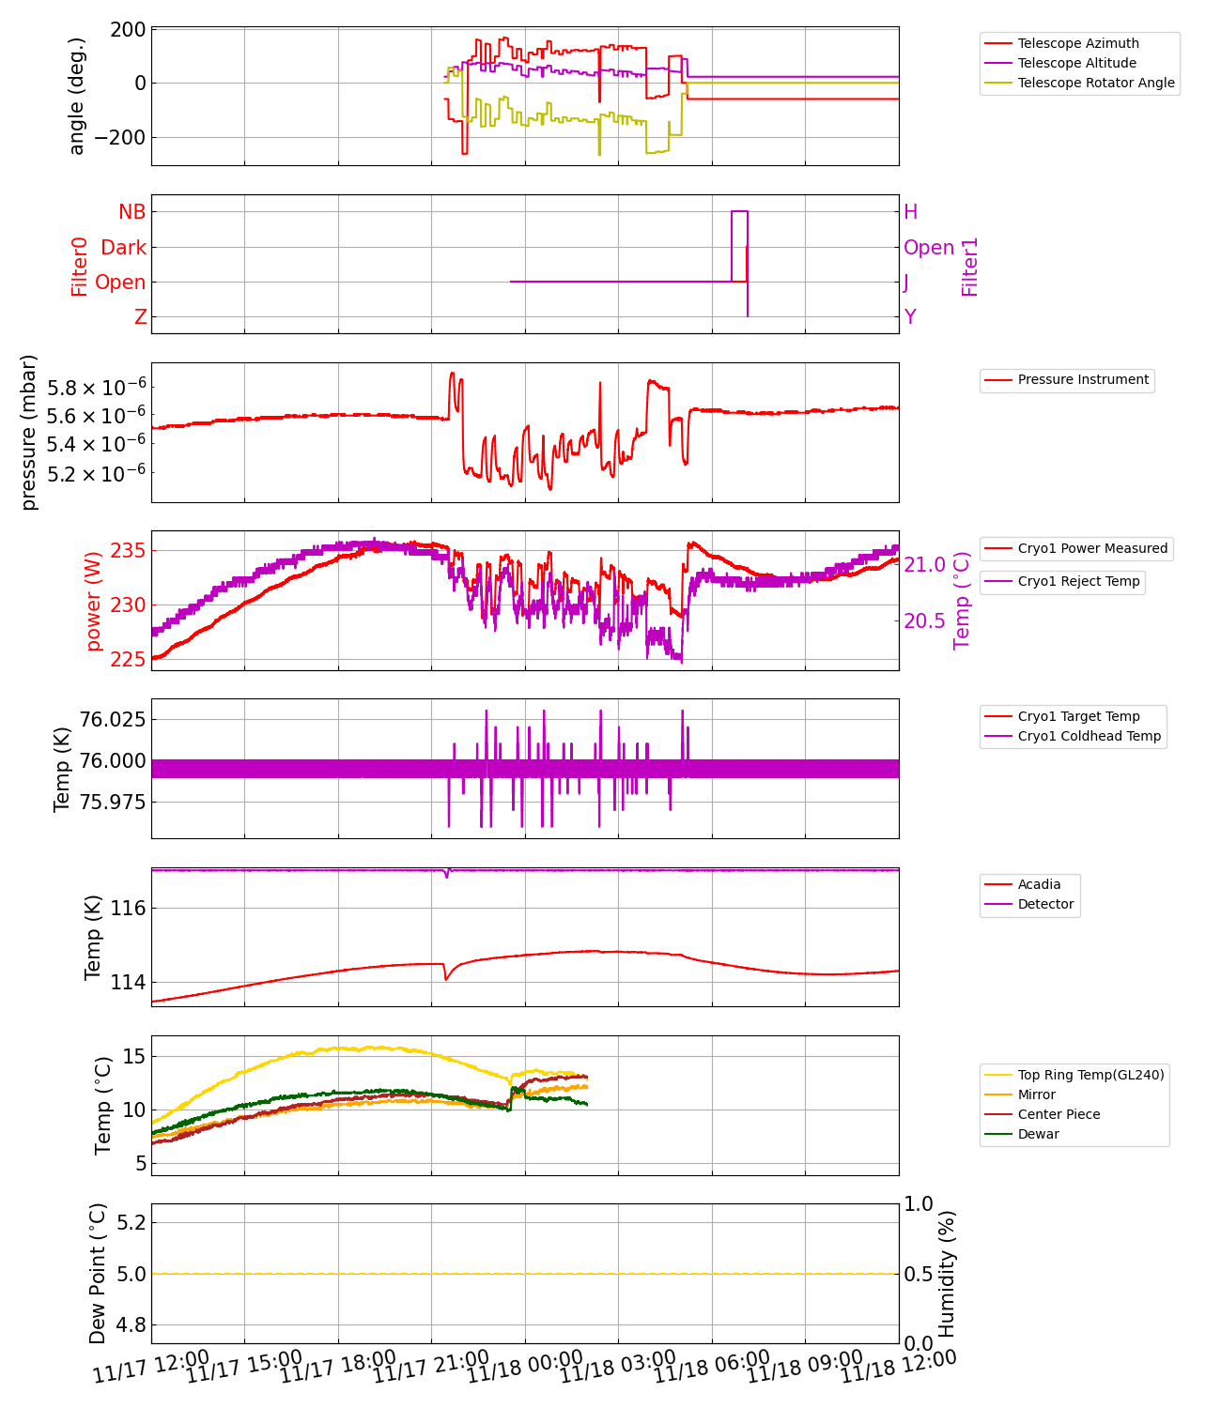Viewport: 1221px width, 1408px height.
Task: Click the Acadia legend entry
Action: (x=1039, y=884)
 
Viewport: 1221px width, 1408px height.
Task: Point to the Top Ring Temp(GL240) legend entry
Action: (x=1090, y=1075)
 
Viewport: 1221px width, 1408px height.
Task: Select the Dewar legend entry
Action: (x=1038, y=1134)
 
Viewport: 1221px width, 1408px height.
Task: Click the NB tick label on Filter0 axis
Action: (x=132, y=212)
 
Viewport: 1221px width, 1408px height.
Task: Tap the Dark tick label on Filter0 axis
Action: (x=124, y=248)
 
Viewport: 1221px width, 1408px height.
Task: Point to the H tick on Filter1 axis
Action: (x=910, y=212)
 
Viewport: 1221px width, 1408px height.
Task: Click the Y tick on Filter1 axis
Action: (x=910, y=317)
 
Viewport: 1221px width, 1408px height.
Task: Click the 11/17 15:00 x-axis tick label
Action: (x=244, y=1368)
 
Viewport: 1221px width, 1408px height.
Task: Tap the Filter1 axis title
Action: (x=970, y=267)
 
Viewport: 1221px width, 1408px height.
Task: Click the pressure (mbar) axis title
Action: (x=29, y=433)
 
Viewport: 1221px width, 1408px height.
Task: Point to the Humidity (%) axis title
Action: (x=947, y=1274)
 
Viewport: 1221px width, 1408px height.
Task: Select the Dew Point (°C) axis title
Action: (x=98, y=1274)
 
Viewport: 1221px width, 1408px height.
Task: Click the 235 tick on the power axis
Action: (x=128, y=550)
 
